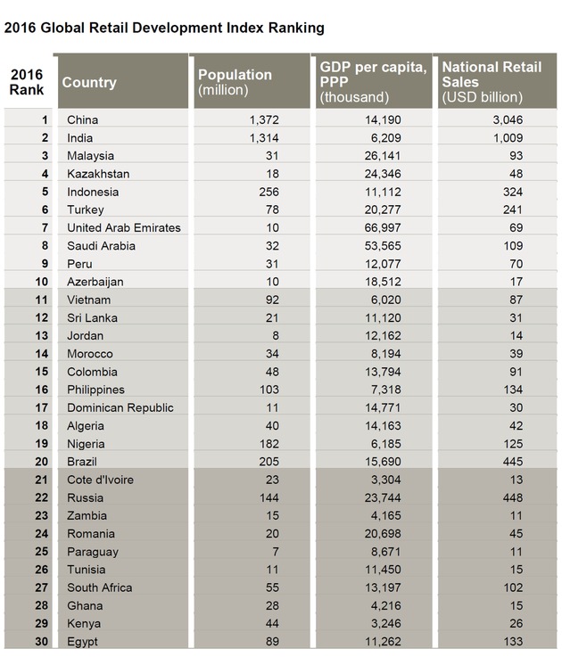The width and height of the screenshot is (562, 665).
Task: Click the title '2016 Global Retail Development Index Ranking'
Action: point(164,29)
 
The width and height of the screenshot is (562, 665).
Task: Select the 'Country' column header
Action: point(89,83)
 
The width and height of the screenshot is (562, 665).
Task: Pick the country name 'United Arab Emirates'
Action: point(124,227)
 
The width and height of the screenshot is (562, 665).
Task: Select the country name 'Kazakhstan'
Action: point(98,173)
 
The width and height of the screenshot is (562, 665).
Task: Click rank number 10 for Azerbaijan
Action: point(39,282)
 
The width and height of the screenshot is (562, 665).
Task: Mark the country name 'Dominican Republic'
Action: point(120,407)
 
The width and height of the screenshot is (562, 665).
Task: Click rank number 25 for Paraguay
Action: point(39,552)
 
